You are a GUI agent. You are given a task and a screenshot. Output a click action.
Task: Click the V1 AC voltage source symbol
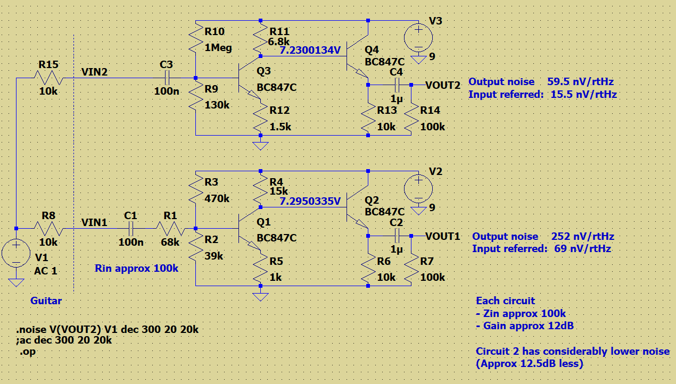(x=17, y=253)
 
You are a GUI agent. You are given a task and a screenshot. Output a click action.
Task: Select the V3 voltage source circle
(x=418, y=38)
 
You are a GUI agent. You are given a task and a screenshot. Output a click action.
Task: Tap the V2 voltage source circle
(x=418, y=189)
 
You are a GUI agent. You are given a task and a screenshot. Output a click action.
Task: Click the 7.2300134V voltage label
(x=310, y=51)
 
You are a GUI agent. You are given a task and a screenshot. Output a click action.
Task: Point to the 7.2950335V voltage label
(x=310, y=201)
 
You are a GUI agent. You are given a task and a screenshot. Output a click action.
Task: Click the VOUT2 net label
(x=443, y=85)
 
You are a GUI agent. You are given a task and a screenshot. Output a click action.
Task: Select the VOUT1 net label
(x=443, y=236)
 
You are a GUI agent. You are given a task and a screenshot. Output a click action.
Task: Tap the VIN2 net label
(x=95, y=72)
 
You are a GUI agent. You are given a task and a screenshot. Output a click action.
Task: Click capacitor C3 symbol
(x=167, y=78)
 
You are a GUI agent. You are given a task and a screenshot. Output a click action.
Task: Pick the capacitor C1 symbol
(x=130, y=229)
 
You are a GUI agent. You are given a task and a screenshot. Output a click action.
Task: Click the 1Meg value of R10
(x=218, y=48)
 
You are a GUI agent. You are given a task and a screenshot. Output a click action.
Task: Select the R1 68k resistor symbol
(x=170, y=229)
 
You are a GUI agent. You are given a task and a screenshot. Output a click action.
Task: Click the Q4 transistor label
(x=372, y=50)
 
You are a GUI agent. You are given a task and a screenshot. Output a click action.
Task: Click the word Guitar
(x=46, y=300)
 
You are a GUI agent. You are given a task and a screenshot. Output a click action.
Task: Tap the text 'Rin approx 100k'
(x=136, y=268)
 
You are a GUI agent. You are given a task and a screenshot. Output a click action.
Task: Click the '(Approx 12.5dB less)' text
(x=530, y=364)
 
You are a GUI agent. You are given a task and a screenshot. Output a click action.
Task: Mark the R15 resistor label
(x=48, y=64)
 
